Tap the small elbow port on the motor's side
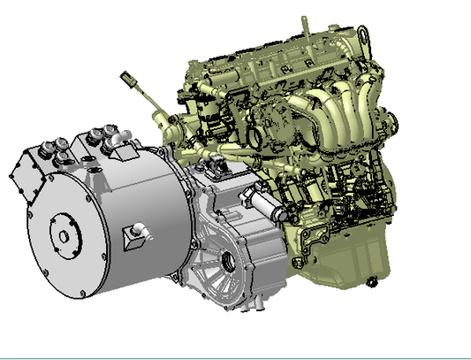click(137, 231)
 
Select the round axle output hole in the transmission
click(231, 262)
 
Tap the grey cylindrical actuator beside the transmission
click(264, 208)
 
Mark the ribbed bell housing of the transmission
click(208, 265)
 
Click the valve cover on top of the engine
click(265, 57)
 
